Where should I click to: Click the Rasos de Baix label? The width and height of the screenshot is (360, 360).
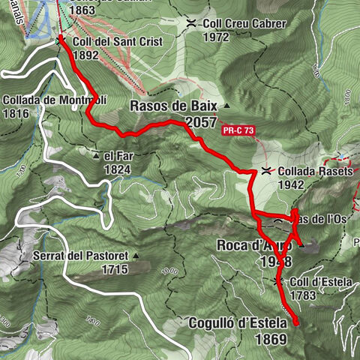coord(173,106)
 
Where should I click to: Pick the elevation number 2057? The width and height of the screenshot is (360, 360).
coord(202,122)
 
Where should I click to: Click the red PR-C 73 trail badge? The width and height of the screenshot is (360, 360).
coord(239,130)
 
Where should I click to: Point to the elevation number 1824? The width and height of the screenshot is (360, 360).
coord(118,169)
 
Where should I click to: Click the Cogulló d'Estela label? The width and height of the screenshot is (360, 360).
coord(235,323)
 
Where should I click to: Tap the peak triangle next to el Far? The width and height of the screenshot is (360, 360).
coord(97,156)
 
